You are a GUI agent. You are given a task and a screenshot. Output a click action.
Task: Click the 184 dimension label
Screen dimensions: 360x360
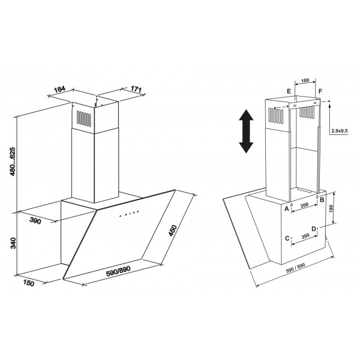tap(60, 89)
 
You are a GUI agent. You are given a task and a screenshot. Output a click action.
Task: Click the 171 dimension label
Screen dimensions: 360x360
tap(136, 89)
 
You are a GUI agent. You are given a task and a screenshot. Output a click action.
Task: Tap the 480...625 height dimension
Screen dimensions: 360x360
tap(13, 161)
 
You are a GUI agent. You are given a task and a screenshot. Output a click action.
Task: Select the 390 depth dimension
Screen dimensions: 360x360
tap(35, 221)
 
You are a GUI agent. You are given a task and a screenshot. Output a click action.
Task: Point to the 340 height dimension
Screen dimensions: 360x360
tap(13, 243)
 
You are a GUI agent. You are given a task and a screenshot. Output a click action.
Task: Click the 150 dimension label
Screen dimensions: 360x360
tap(28, 283)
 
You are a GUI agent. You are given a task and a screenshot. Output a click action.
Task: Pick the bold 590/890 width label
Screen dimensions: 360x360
tap(118, 271)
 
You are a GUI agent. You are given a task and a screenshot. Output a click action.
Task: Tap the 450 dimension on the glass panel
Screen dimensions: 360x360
tap(173, 230)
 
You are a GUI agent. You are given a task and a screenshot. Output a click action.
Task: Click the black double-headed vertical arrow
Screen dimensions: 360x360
tap(246, 131)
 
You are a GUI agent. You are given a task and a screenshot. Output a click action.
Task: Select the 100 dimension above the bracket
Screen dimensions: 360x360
tap(305, 80)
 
